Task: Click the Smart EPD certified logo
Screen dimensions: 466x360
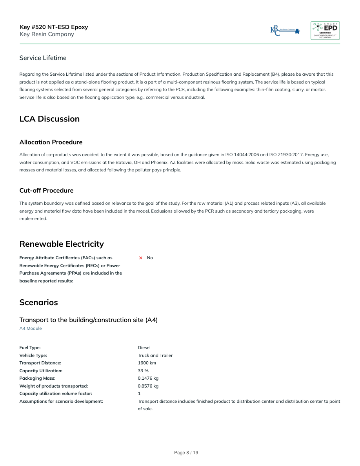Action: pos(325,31)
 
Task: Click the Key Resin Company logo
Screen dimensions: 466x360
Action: pos(285,31)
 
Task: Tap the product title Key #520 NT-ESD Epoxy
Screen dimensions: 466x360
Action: pos(54,27)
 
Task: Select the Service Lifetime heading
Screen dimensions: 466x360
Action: pos(43,58)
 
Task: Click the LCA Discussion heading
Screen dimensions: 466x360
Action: pos(49,119)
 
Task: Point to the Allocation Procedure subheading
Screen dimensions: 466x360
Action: pos(51,142)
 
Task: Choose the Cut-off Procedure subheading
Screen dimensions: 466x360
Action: pos(46,190)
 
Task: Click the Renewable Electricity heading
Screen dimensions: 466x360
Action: pos(62,244)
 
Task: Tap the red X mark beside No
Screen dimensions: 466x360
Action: pos(140,258)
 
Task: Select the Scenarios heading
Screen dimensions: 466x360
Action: pos(38,302)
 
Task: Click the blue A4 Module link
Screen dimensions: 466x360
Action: pos(31,328)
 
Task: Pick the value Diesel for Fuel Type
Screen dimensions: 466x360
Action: pos(144,348)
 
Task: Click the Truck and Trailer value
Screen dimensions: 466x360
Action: pos(155,355)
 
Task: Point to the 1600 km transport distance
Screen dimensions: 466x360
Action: pos(147,363)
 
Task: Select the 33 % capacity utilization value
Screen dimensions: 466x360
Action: pos(143,371)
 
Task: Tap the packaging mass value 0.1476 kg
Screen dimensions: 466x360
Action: pos(148,378)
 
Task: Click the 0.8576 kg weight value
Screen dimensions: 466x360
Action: pos(148,386)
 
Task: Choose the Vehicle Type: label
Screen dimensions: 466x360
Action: pos(33,355)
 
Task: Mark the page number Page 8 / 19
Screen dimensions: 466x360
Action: pos(186,453)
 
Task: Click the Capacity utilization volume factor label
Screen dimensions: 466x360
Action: pos(56,393)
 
